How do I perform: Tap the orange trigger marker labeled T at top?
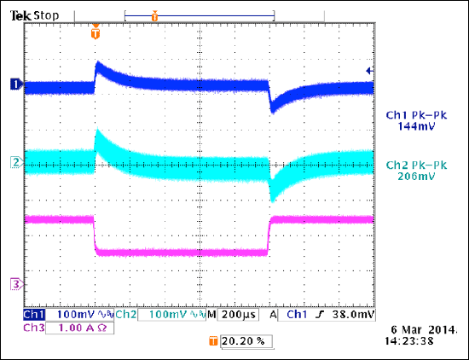point(96,32)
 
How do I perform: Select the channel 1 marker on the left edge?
point(14,84)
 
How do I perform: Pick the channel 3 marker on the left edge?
point(14,283)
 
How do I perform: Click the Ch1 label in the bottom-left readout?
point(35,315)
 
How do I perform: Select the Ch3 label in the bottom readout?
point(35,327)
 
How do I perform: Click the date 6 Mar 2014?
point(418,328)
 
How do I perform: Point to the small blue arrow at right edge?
point(368,71)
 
